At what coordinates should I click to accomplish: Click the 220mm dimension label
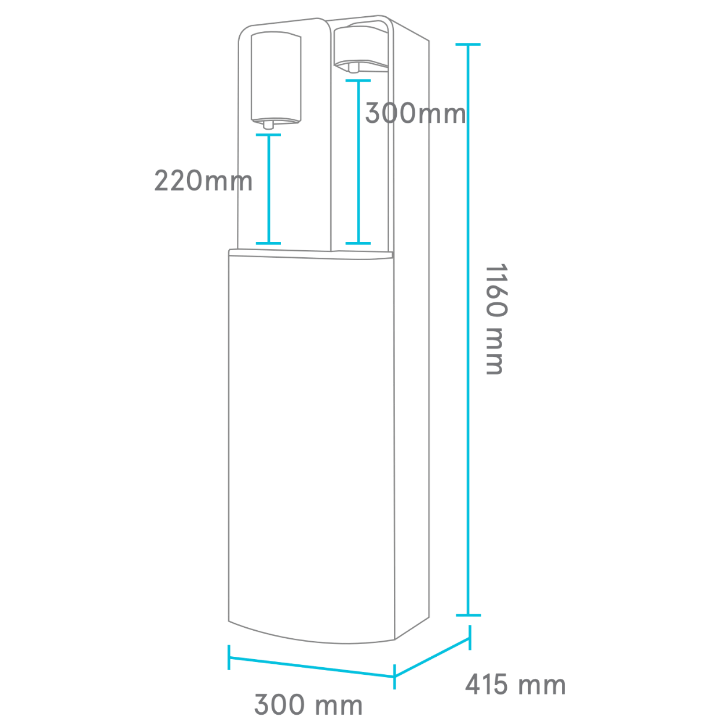point(203,181)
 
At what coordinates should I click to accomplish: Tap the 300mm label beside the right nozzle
point(415,113)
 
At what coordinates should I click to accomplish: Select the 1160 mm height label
point(497,319)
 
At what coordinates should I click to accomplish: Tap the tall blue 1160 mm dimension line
point(468,330)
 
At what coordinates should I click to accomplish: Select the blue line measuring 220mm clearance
point(269,189)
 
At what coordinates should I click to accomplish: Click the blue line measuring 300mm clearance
point(359,162)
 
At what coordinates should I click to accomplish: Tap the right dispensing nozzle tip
point(353,68)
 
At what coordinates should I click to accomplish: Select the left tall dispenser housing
point(276,78)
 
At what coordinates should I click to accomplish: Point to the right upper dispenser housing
point(361,45)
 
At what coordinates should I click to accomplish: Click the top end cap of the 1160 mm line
point(468,45)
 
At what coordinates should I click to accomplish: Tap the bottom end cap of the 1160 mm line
point(468,616)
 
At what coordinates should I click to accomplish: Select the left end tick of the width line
point(229,657)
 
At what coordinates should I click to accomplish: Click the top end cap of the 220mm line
point(269,134)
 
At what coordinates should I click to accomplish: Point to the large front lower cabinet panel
point(311,443)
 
